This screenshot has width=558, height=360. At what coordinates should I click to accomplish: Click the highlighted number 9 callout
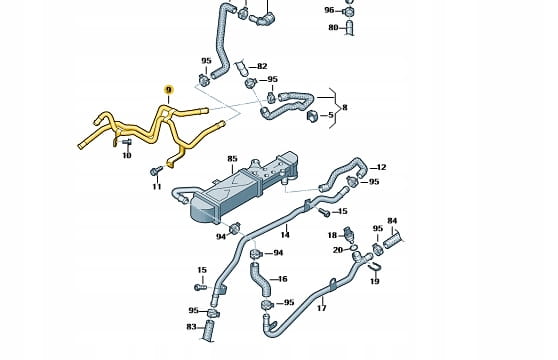(169, 89)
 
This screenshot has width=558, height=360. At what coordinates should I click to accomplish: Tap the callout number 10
(127, 155)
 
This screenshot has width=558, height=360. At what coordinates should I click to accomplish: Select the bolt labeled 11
(156, 171)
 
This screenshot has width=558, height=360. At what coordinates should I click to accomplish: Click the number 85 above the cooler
(232, 159)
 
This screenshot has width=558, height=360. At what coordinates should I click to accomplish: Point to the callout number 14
(285, 235)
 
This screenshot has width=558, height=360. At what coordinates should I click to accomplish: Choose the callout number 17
(321, 308)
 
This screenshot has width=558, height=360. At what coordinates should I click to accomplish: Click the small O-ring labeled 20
(354, 247)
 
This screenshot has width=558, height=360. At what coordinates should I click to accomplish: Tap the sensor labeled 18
(349, 234)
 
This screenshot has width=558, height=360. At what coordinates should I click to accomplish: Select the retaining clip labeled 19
(375, 268)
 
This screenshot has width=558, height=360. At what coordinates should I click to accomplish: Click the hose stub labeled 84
(393, 241)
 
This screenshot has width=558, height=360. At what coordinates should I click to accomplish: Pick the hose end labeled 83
(209, 331)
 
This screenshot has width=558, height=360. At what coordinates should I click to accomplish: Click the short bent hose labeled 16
(260, 280)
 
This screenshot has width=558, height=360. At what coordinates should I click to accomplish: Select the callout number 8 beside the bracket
(344, 107)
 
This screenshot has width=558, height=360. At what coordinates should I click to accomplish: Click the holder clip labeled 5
(312, 116)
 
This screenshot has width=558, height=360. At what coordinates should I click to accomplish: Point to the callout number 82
(262, 66)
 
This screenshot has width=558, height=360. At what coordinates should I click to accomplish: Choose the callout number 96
(329, 10)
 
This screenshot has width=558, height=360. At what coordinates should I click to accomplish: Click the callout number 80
(333, 27)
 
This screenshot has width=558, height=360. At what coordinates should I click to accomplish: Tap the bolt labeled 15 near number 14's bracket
(324, 212)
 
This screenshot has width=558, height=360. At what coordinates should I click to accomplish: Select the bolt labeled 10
(127, 142)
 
